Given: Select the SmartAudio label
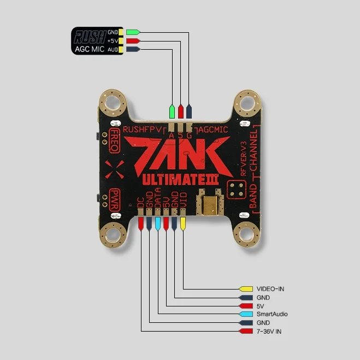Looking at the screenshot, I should [x=272, y=314].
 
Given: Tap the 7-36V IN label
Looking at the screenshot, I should [x=269, y=332].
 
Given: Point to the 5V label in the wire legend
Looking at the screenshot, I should [x=259, y=306].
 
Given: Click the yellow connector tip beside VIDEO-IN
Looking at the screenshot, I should [x=245, y=288].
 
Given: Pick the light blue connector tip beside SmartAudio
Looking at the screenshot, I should [x=245, y=314].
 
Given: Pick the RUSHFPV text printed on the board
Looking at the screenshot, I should [x=143, y=129].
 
